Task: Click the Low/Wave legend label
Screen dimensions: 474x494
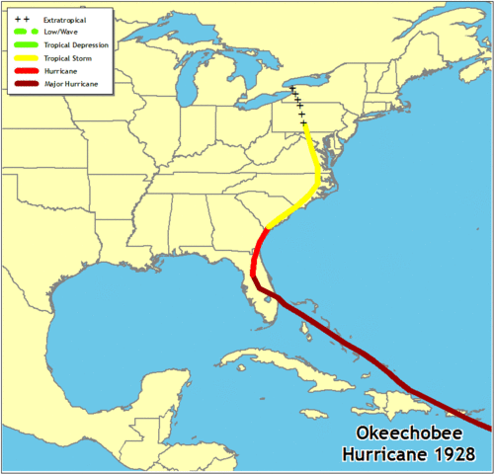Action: point(61,33)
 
